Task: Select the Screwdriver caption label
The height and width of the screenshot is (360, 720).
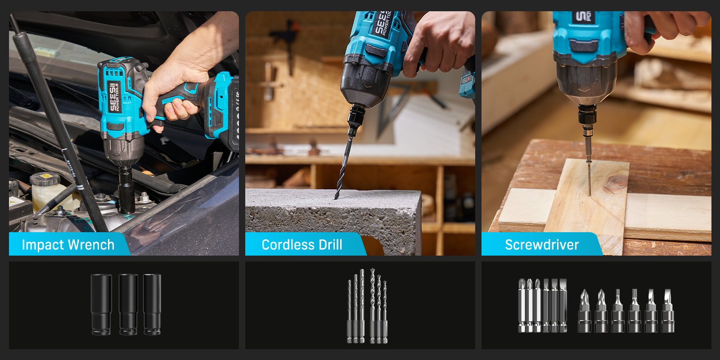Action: click(x=542, y=245)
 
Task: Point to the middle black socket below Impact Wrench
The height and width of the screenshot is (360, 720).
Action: click(x=128, y=304)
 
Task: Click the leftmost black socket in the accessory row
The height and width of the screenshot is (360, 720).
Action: click(x=101, y=304)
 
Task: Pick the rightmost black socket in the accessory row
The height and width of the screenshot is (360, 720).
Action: click(x=153, y=304)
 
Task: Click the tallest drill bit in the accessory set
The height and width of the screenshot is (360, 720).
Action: click(x=372, y=306)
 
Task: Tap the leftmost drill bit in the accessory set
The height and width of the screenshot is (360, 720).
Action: click(x=350, y=311)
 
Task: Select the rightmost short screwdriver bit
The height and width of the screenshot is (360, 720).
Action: click(x=668, y=310)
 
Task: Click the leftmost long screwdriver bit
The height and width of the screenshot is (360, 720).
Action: click(x=522, y=306)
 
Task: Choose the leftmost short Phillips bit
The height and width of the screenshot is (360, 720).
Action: click(x=585, y=310)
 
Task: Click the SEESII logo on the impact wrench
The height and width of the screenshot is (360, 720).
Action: click(x=114, y=96)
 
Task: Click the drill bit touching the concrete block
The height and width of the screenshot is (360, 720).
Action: click(x=343, y=167)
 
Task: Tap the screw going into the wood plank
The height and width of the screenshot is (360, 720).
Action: click(x=589, y=178)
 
